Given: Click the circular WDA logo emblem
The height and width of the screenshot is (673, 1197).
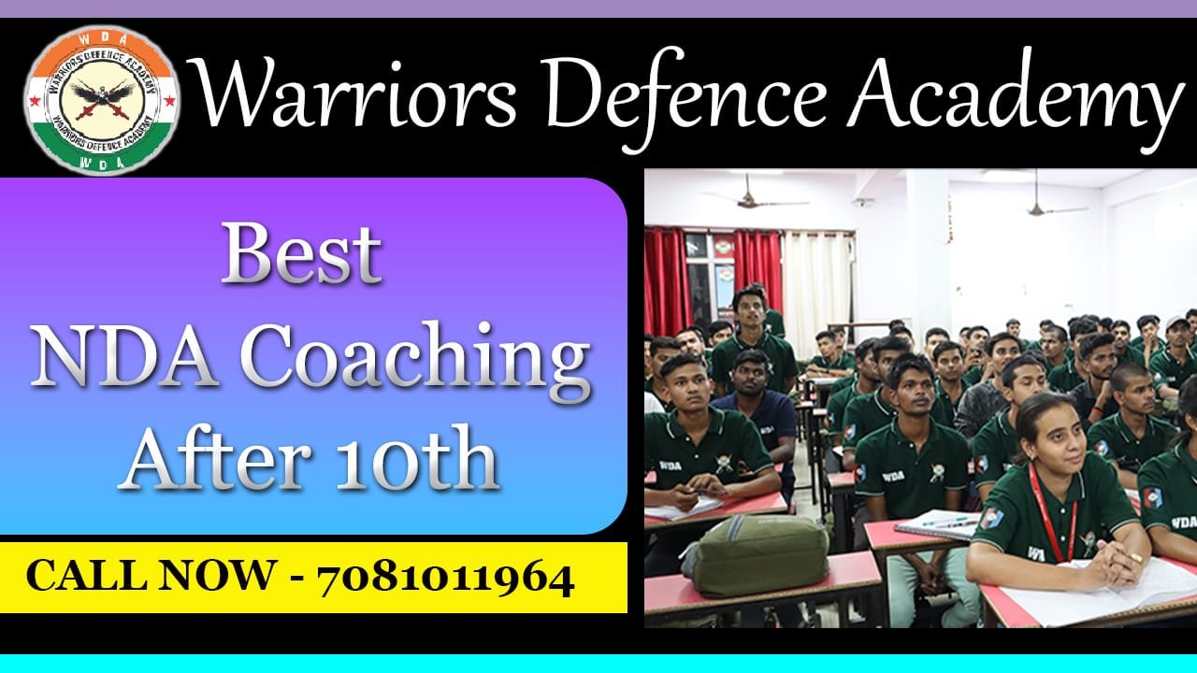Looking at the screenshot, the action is tap(102, 100).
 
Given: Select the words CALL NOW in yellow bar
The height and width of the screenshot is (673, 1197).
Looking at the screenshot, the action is tap(151, 576).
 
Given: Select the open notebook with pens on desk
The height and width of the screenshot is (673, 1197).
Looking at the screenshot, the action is tap(938, 523).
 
